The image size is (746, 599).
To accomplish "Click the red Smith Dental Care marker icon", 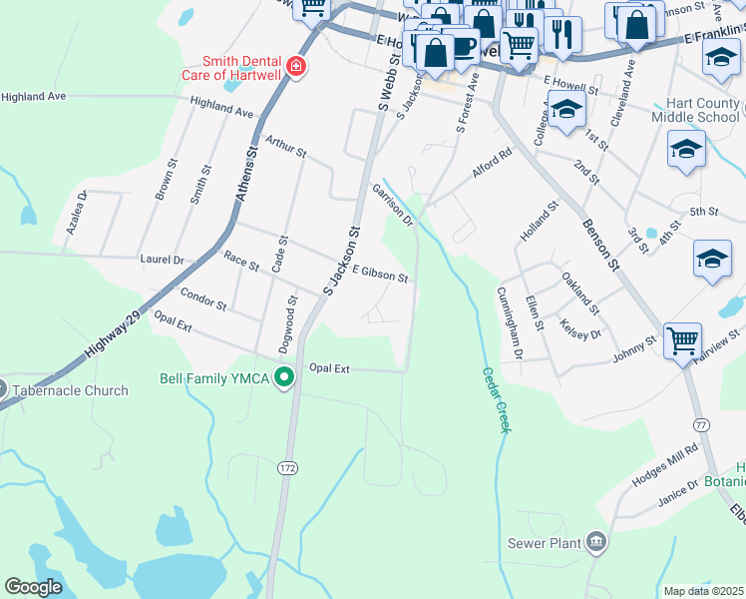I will (295, 67).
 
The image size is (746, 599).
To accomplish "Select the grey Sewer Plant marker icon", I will (596, 542).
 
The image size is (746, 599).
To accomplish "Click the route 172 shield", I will (288, 467).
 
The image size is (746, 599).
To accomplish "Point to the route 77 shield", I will (702, 396).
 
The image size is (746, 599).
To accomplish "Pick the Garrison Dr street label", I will (392, 204).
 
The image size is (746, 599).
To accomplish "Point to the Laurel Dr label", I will (164, 260).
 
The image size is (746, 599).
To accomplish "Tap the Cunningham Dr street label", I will (510, 323).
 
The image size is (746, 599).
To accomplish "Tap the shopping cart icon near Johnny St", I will (682, 340).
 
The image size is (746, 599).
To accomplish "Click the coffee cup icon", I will (464, 46).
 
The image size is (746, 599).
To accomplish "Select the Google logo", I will (34, 587).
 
